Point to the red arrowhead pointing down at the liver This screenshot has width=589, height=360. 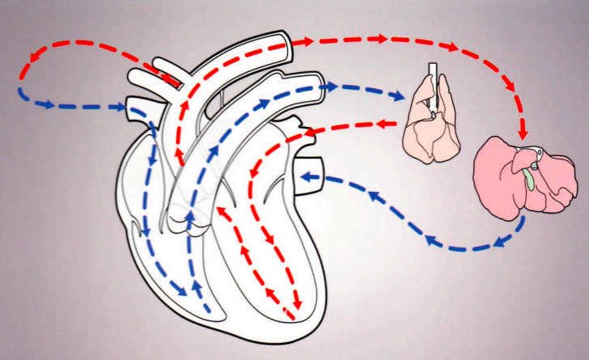point(523,130)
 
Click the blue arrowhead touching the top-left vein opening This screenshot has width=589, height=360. point(122,107)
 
